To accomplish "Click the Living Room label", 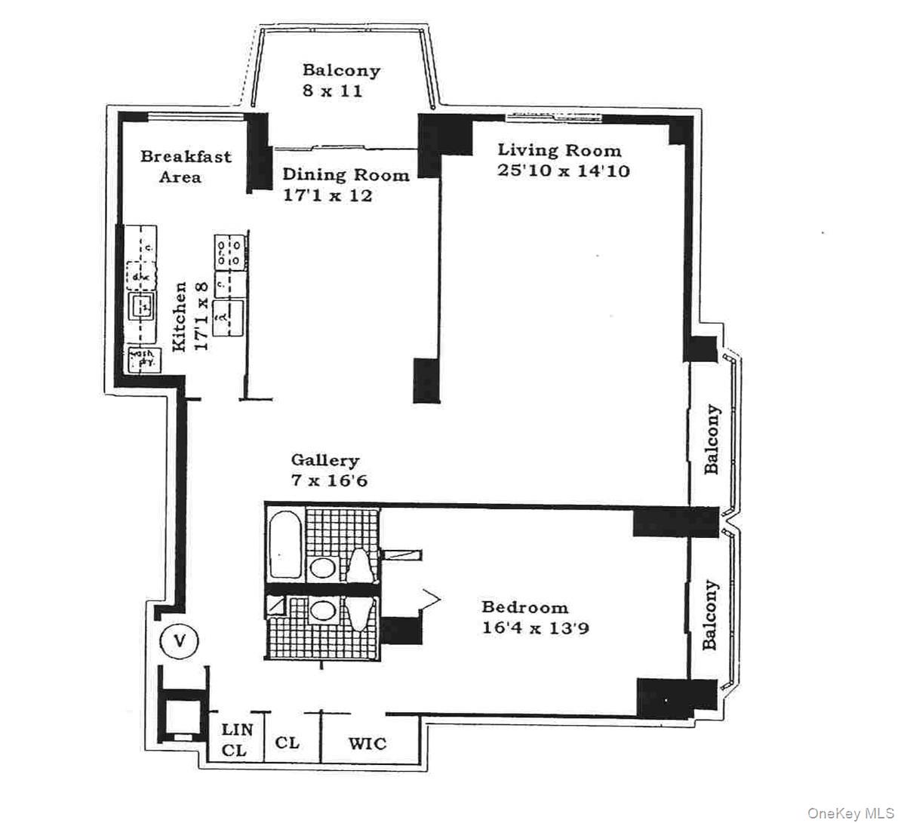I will (559, 150).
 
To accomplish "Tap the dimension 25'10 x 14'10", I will (563, 170).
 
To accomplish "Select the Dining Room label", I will (346, 174).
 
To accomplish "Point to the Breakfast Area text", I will (186, 167).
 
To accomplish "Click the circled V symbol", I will (180, 641).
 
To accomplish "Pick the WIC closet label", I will (368, 744).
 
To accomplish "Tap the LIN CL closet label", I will (235, 740).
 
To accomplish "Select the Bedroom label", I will (525, 607).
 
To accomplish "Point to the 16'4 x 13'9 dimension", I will (536, 628).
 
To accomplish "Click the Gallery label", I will (325, 460).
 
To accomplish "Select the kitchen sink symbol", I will (142, 307).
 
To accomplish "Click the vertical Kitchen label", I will (180, 317).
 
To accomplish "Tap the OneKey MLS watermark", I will (849, 812).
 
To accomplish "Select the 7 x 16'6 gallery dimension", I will (329, 481).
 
